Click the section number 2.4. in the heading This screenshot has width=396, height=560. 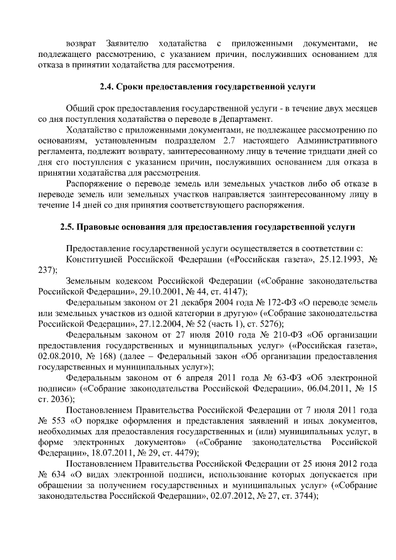pyautogui.click(x=107, y=86)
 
